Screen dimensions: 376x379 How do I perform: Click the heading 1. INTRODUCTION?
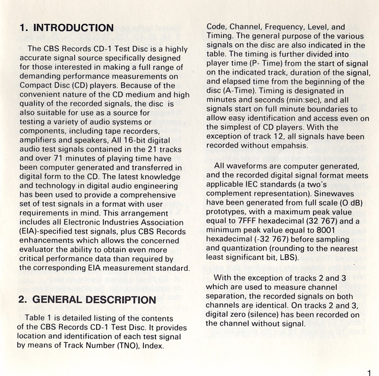click(67, 28)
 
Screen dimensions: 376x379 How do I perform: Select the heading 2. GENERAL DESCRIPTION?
click(87, 299)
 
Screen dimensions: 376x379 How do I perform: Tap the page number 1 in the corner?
click(369, 372)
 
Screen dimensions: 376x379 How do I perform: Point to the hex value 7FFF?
click(248, 221)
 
